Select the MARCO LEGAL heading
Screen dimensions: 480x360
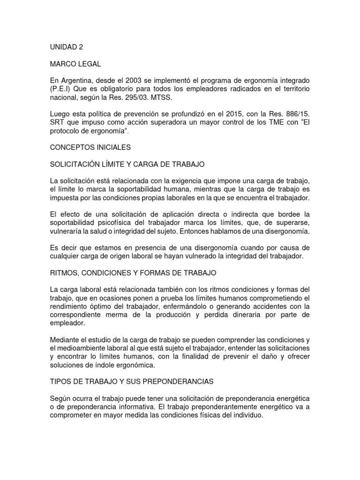click(x=72, y=64)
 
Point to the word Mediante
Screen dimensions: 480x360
click(x=65, y=339)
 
